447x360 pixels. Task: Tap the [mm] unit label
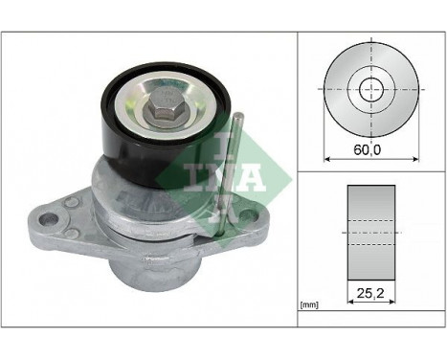[308, 304]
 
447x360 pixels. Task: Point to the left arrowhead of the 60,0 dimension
[328, 158]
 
